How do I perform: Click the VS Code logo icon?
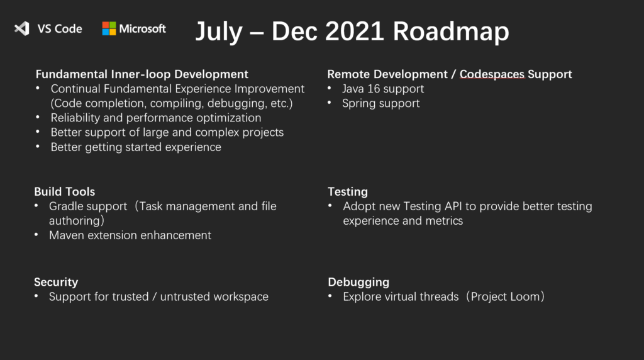(x=22, y=28)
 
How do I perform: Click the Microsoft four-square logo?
(x=109, y=28)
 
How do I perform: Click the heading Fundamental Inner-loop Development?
(x=142, y=74)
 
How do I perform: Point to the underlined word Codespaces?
(x=492, y=74)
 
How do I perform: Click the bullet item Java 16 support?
(x=382, y=89)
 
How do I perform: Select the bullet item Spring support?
(x=380, y=103)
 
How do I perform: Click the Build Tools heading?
(x=64, y=191)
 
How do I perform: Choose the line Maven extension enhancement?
(x=130, y=235)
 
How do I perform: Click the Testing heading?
(x=347, y=191)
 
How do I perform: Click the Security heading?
(x=56, y=282)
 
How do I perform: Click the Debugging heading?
(x=358, y=282)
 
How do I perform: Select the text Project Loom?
(x=504, y=296)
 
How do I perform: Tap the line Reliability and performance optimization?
(x=156, y=118)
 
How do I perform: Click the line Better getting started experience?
(x=136, y=147)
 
